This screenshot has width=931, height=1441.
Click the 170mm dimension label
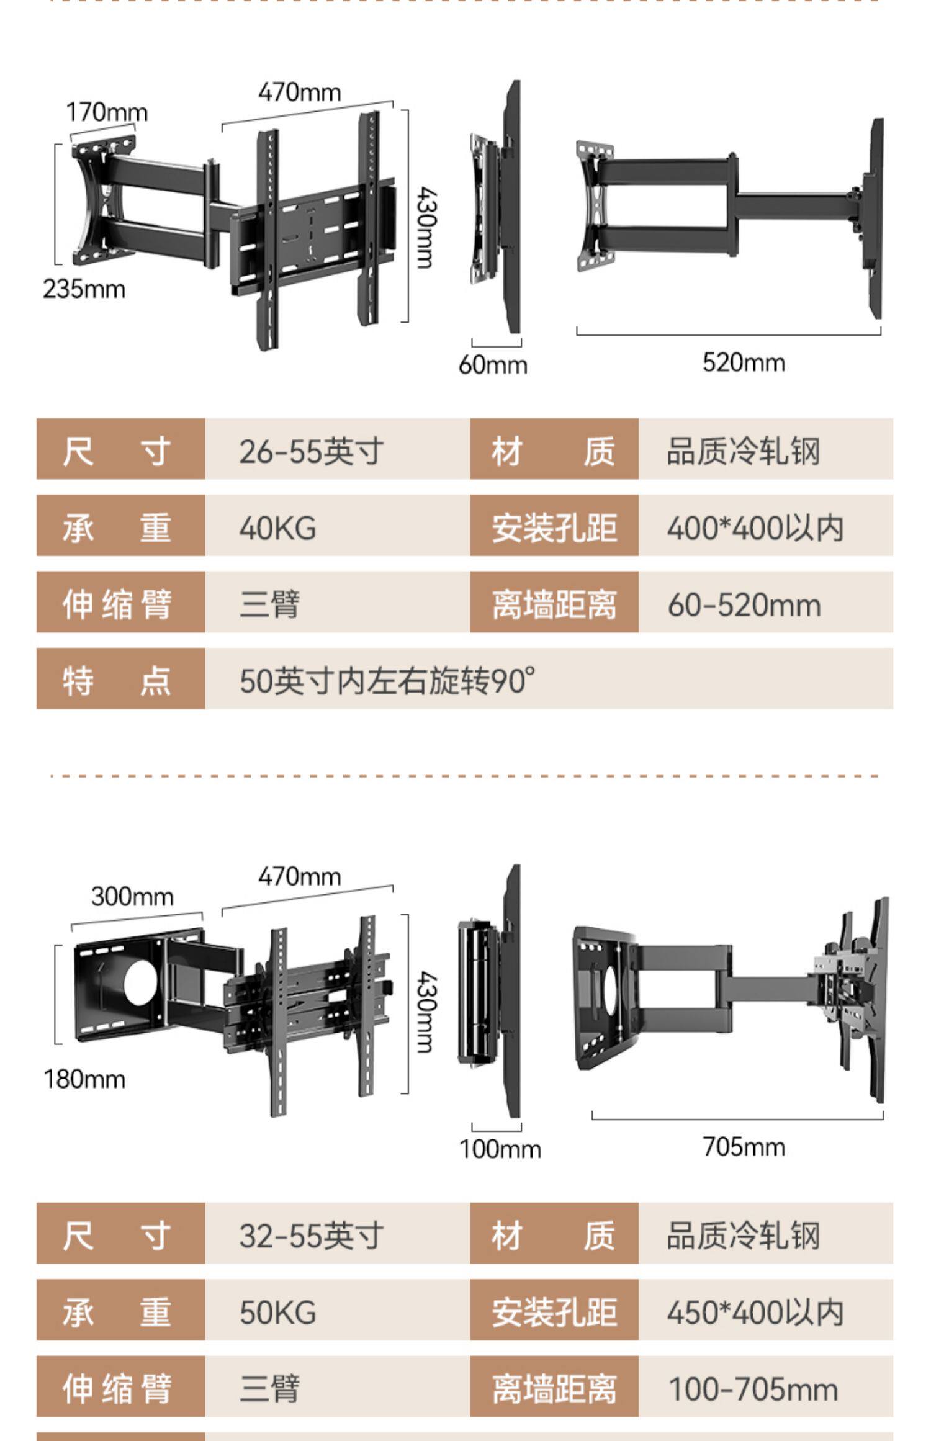[107, 113]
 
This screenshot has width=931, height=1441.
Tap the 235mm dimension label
[84, 289]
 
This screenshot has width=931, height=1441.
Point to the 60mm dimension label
[493, 364]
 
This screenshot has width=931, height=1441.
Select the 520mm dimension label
[744, 362]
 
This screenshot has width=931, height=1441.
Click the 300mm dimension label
[132, 897]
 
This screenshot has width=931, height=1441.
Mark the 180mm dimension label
[84, 1079]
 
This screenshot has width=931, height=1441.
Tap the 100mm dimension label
[500, 1149]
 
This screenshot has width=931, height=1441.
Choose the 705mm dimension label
[744, 1147]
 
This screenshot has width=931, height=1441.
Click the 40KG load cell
[277, 528]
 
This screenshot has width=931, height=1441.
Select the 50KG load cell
[277, 1313]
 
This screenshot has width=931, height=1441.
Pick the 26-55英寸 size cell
[312, 451]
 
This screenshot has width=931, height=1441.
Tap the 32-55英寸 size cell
[312, 1236]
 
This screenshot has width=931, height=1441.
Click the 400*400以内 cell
[755, 528]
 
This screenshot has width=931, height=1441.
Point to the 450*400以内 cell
[755, 1313]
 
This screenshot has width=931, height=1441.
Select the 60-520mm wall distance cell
[744, 605]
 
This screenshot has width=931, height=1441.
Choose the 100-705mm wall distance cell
[752, 1389]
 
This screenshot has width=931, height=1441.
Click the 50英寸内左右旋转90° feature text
[387, 681]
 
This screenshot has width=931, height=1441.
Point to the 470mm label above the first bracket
[300, 92]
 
